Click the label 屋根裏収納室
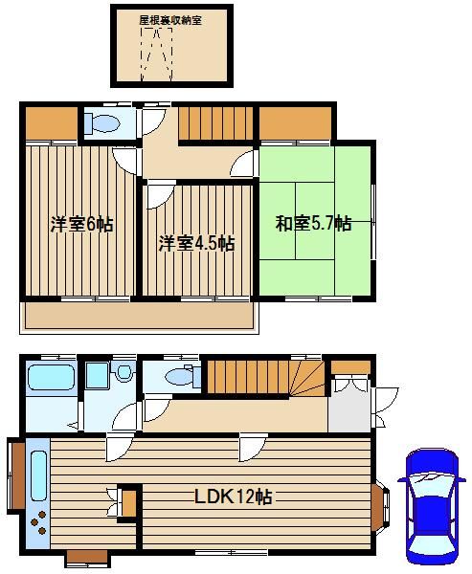coord(170,20)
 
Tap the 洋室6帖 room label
coord(81,224)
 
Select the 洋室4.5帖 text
coord(197,243)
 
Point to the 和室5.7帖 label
coord(314,223)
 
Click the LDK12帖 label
coord(233,497)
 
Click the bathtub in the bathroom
coord(52,377)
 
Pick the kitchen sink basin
coord(38,475)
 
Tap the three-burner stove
coord(38,522)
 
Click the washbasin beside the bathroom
coord(124,371)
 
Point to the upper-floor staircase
coord(215,123)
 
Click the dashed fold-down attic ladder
coord(156,54)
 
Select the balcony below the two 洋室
coord(139,315)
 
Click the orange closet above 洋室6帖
coord(52,123)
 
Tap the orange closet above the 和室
coord(296,123)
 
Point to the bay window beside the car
coord(380,507)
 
